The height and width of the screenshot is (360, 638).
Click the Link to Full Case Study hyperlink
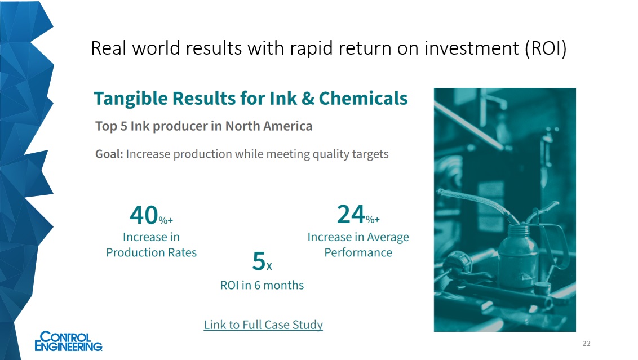coord(263,325)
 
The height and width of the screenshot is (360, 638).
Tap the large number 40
coord(144,215)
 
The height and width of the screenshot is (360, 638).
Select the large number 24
coord(351,214)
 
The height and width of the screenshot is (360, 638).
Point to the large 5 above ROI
coord(259,261)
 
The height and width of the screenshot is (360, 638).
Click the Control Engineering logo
coord(68,341)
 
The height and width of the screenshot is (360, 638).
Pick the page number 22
coord(586,343)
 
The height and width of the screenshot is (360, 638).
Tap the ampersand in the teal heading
coord(308,99)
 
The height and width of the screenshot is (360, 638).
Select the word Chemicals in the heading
coord(363,98)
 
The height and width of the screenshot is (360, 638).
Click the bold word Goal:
coord(109,154)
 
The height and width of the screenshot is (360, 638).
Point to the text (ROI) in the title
coord(546,48)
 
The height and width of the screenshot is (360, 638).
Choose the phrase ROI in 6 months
coord(262,285)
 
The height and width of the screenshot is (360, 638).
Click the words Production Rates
coord(152,252)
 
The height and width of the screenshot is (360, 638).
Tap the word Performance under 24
coord(358,252)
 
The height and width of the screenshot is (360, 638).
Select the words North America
coord(269,126)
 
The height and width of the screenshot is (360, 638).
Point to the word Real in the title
coord(109,48)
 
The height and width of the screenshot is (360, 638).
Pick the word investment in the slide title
coord(472,48)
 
